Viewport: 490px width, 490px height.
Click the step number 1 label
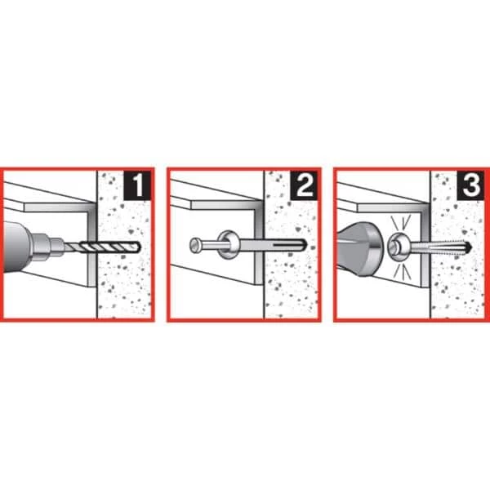pos(137,185)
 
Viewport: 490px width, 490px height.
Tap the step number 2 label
pos(304,185)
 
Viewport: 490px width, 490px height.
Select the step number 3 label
pos(470,185)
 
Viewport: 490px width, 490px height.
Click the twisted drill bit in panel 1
pos(102,247)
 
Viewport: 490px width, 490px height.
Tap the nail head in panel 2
pos(196,245)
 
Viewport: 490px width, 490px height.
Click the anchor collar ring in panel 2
pos(229,245)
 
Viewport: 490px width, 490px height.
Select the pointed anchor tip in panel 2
pos(303,244)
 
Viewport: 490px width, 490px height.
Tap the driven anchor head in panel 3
pos(398,247)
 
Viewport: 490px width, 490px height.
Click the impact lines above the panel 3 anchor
pos(401,222)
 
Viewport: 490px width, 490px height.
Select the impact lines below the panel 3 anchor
pos(402,272)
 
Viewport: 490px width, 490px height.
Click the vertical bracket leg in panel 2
pos(259,243)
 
